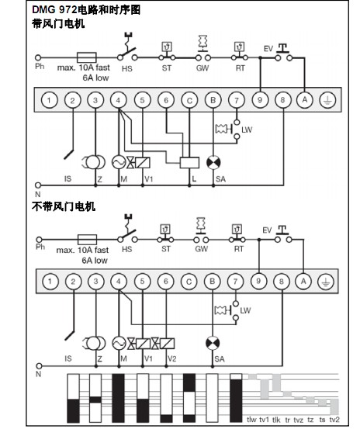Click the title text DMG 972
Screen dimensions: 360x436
tap(54, 10)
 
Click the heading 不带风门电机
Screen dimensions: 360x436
tap(64, 206)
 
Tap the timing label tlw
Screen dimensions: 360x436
tap(251, 419)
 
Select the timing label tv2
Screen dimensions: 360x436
tap(334, 419)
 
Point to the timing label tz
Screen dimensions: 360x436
tap(310, 419)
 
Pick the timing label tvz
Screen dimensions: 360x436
tap(298, 419)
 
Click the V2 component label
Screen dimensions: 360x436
tap(171, 358)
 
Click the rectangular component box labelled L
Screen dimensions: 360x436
tap(189, 163)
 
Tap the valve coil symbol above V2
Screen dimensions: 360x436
tap(168, 344)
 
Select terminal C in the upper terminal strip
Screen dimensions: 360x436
tap(189, 100)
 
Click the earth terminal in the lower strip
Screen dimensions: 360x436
tap(326, 282)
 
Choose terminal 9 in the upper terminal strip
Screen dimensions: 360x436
tap(260, 100)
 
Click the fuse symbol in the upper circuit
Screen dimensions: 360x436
tap(86, 57)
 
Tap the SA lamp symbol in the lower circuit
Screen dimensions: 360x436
tap(213, 344)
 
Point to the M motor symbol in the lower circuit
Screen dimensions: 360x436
tap(119, 344)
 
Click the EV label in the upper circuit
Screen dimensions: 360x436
tap(268, 49)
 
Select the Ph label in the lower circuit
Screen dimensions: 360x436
tap(40, 247)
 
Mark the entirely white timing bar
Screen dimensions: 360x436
tap(212, 398)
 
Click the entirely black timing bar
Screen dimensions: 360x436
tap(118, 398)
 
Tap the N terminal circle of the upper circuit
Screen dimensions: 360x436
tap(38, 185)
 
